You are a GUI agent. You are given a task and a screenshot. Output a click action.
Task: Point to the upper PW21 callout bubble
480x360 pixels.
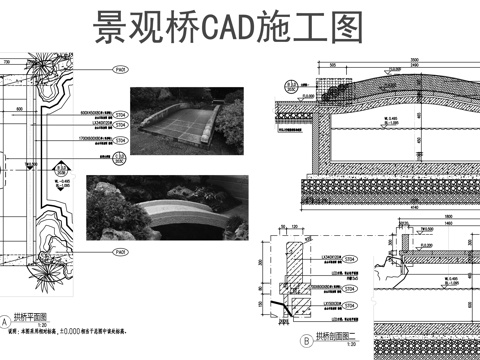(x=119, y=70)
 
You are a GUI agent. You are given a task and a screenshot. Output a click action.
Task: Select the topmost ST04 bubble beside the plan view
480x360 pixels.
(x=119, y=116)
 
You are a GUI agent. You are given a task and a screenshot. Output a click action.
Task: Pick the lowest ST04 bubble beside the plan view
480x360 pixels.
(x=119, y=154)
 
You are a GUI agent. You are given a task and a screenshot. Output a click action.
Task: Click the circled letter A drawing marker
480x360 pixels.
(x=6, y=322)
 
